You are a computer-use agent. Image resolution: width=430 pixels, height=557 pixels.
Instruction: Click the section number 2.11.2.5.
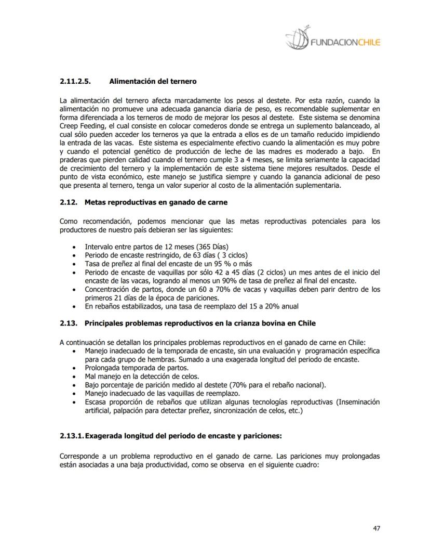coord(75,82)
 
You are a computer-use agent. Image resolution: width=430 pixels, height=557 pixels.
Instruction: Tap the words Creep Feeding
coord(80,126)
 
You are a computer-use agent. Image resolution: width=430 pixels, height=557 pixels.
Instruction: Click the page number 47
coord(377,528)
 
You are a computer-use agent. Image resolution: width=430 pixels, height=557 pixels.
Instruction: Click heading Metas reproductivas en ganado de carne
coord(156,202)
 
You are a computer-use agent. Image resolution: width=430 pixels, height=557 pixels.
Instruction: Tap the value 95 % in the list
coord(215,264)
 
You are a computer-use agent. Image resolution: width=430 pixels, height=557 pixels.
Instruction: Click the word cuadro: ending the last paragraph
coord(304,465)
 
